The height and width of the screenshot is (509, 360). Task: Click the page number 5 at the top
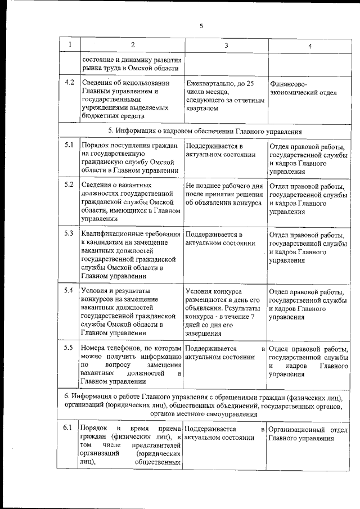click(x=201, y=25)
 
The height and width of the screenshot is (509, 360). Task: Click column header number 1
click(x=69, y=44)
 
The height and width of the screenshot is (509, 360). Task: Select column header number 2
click(x=132, y=44)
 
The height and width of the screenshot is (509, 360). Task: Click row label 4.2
click(x=69, y=83)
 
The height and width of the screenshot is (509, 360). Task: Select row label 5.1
click(x=69, y=146)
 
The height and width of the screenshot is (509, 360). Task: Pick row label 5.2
click(x=69, y=184)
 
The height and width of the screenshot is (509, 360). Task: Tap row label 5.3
click(x=69, y=232)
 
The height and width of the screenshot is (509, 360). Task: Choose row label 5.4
click(x=69, y=290)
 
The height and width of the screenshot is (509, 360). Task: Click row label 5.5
click(x=69, y=347)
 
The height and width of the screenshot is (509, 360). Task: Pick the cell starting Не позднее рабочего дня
click(x=223, y=193)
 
